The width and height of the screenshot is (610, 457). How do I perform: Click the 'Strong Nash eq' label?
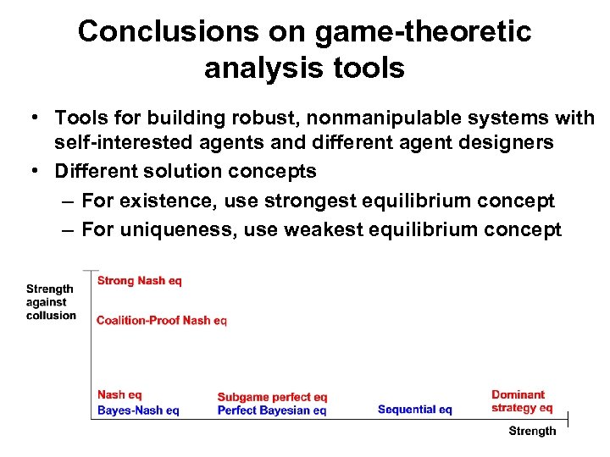point(139,280)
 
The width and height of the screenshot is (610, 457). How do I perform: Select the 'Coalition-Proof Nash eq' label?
point(161,320)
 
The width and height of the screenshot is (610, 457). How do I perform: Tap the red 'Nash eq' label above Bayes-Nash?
point(119,394)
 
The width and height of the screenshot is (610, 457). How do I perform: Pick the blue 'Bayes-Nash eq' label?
point(138,410)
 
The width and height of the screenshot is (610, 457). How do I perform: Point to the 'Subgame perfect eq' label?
point(272,397)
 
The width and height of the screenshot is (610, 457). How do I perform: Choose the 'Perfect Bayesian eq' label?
point(271,410)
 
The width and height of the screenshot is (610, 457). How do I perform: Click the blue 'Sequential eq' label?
point(414,410)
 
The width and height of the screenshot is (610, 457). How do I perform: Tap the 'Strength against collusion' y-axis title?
point(50,302)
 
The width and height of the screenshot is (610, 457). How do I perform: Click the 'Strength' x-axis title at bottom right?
point(532,431)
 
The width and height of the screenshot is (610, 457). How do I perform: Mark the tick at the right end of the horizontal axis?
point(567,419)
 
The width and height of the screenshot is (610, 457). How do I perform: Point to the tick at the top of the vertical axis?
point(90,271)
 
